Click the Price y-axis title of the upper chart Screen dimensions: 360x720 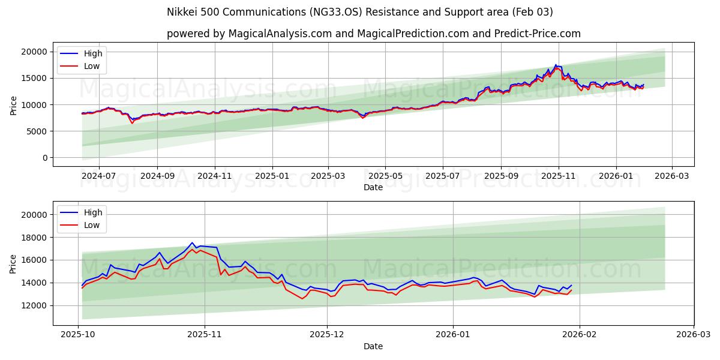[x=14, y=105]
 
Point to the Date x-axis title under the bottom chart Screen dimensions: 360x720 [x=373, y=346]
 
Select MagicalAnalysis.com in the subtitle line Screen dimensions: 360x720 [x=280, y=34]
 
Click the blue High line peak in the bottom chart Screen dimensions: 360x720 [x=192, y=242]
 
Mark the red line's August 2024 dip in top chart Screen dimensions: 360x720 [x=133, y=123]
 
